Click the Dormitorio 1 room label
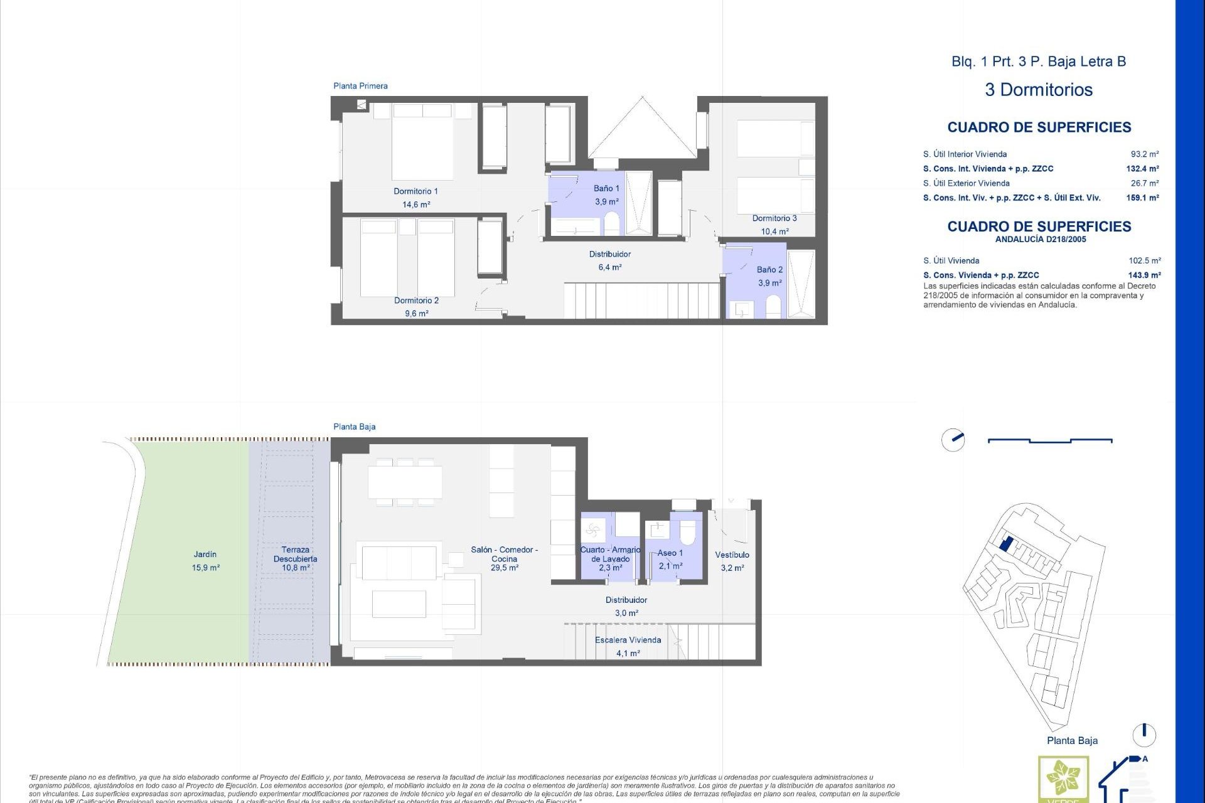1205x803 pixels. coord(415,191)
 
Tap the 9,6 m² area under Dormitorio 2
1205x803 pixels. coord(416,314)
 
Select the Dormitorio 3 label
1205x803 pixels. coord(774,218)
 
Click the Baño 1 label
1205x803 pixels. coord(606,188)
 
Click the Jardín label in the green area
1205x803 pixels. coord(205,555)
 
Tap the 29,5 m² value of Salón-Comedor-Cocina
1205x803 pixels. coord(504,568)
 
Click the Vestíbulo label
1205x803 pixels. coord(732,555)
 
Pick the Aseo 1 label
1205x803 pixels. coord(670,553)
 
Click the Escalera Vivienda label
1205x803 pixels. coord(628,641)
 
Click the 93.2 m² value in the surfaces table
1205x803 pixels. coord(1144,154)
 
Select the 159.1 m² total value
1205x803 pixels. coord(1142,198)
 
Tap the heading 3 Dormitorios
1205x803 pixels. coord(1039,90)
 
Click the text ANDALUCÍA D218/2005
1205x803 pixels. coord(1040,240)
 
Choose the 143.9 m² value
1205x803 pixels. coord(1143,275)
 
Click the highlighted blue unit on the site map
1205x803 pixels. coord(1005,543)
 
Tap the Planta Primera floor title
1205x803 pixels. coord(360,86)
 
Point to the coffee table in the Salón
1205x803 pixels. coord(399,604)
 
